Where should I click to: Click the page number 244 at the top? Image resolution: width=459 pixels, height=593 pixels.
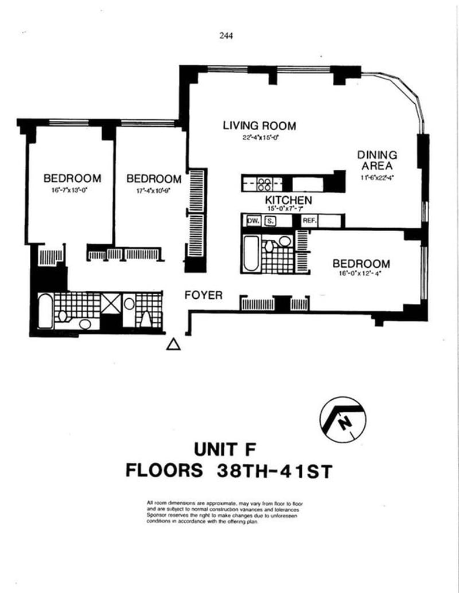point(226,35)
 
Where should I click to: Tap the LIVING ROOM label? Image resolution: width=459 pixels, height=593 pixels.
point(259,126)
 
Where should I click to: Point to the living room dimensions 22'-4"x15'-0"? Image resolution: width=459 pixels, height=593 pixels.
point(259,138)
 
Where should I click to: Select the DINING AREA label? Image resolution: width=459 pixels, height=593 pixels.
point(377,160)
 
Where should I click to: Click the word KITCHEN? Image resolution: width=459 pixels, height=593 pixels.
point(288,200)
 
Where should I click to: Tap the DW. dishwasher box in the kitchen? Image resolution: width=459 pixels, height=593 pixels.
point(252,221)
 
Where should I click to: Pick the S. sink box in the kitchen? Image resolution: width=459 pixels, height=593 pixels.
point(270,221)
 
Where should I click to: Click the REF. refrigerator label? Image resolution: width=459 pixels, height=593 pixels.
point(309,221)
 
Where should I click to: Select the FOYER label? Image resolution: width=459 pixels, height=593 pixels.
point(203,295)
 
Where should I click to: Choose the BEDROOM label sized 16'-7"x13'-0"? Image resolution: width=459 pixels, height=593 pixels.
point(72,178)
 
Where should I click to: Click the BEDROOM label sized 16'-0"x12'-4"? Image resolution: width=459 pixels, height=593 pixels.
point(361,264)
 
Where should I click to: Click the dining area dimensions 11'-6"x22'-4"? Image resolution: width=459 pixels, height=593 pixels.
point(377,177)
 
